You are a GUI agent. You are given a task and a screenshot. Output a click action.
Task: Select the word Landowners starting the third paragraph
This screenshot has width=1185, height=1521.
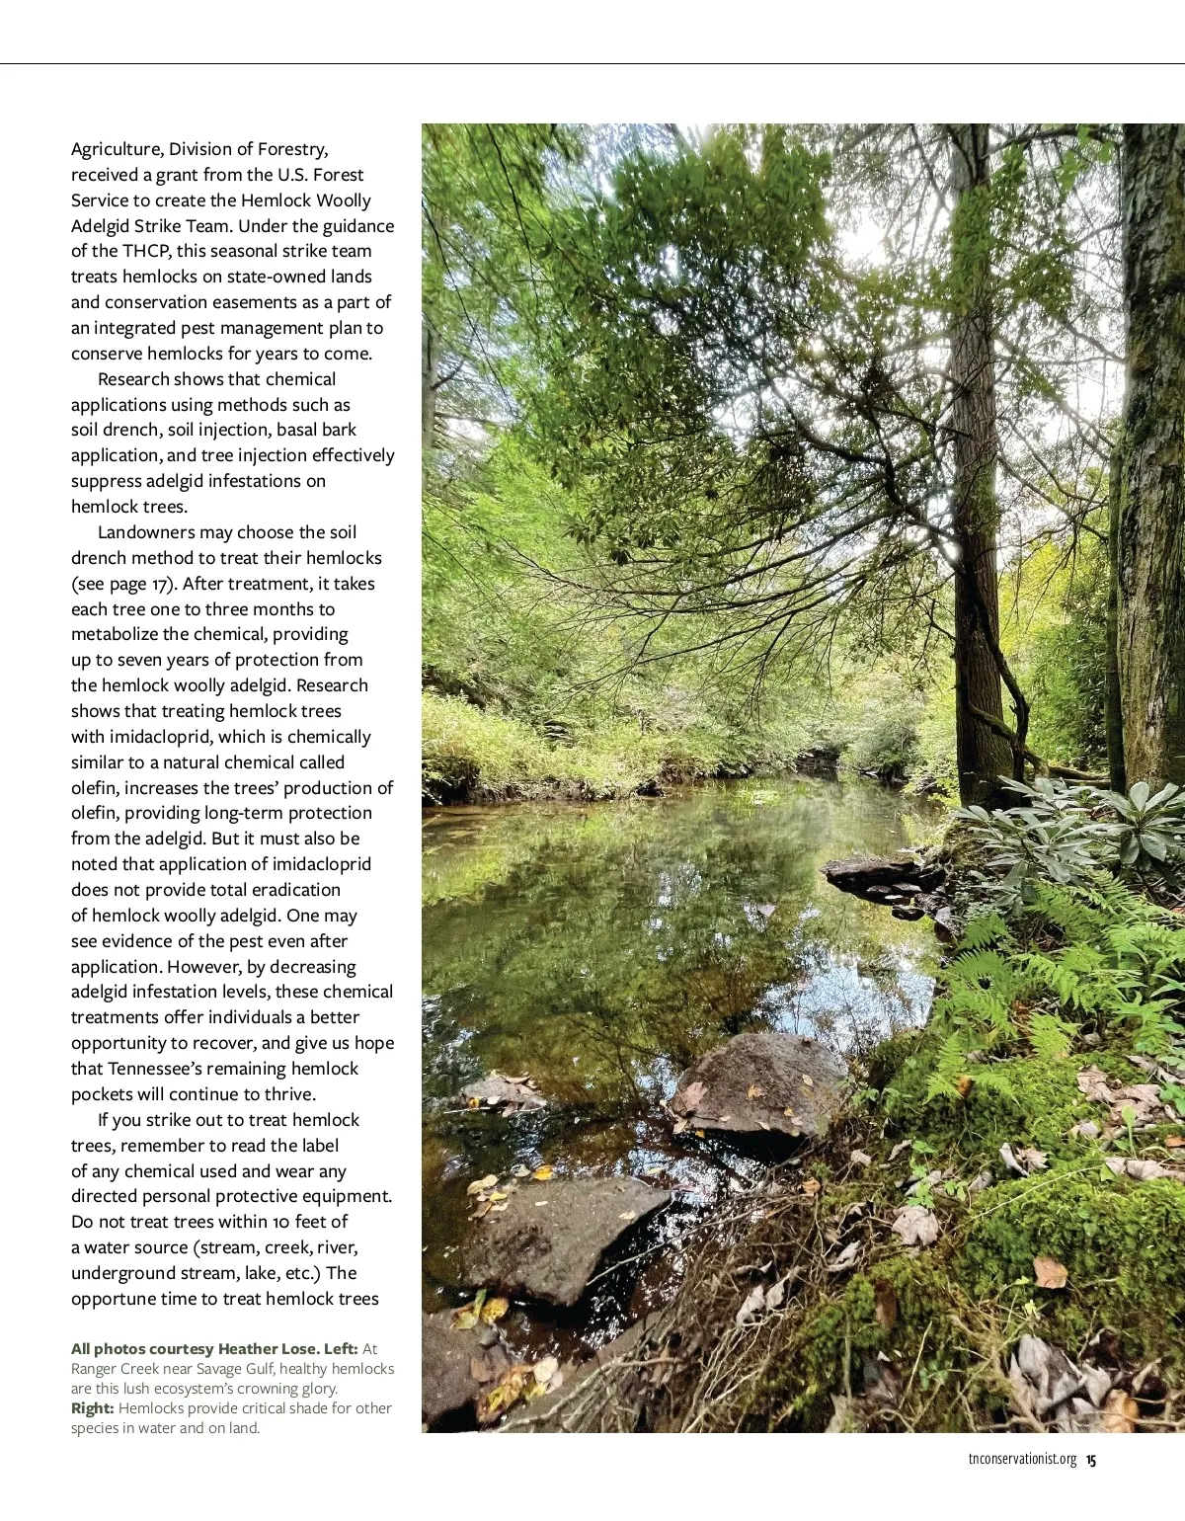146,532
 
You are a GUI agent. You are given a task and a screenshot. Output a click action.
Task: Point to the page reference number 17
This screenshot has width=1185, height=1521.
161,585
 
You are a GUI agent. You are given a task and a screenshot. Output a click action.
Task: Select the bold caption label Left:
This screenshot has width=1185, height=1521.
341,1349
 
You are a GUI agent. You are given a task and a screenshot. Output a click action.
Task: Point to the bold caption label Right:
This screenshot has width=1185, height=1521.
93,1408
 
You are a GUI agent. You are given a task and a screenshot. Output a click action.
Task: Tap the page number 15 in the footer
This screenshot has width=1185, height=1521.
1091,1460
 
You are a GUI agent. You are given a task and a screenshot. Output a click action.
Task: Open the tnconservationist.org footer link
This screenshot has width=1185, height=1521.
1022,1460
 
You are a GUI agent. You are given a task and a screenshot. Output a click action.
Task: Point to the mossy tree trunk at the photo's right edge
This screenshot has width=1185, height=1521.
1152,444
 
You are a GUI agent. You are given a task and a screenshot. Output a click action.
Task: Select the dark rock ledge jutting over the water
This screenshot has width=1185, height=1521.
874,873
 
